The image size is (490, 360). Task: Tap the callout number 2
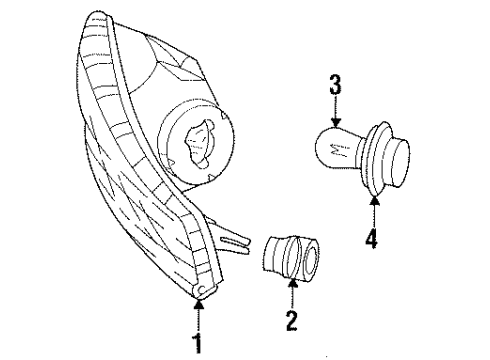291,323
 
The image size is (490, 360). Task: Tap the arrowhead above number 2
291,286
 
